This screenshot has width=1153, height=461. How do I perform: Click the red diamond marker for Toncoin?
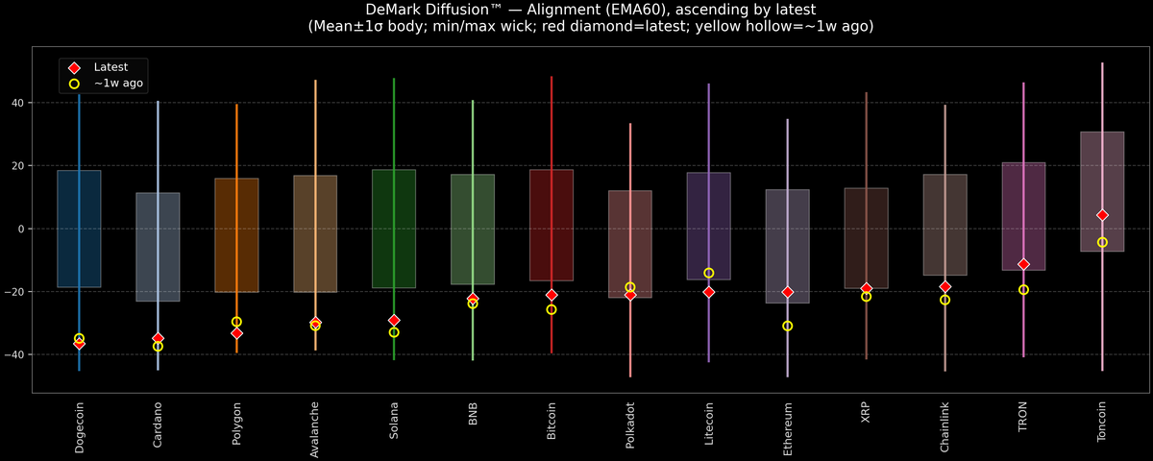(x=1102, y=215)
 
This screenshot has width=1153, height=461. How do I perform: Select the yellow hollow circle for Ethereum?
(x=788, y=327)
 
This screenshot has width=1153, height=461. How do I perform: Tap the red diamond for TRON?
(x=1023, y=264)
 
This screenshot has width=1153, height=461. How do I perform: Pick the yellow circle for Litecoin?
(x=709, y=274)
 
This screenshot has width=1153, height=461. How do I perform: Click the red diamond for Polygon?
(x=236, y=333)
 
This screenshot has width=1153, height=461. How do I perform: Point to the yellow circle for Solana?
(x=394, y=332)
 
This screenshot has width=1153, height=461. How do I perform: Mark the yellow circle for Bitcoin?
(x=552, y=309)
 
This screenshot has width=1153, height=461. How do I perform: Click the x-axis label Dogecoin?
(x=80, y=427)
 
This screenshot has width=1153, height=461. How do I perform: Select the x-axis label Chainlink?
(x=945, y=427)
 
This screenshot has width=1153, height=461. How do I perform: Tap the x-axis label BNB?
(x=473, y=414)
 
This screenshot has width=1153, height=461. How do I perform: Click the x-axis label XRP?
(x=867, y=413)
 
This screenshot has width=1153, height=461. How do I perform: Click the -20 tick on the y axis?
(x=16, y=292)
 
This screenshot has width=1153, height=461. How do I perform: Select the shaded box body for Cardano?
(x=158, y=247)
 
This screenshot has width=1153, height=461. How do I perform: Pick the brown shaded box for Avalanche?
(x=315, y=233)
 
